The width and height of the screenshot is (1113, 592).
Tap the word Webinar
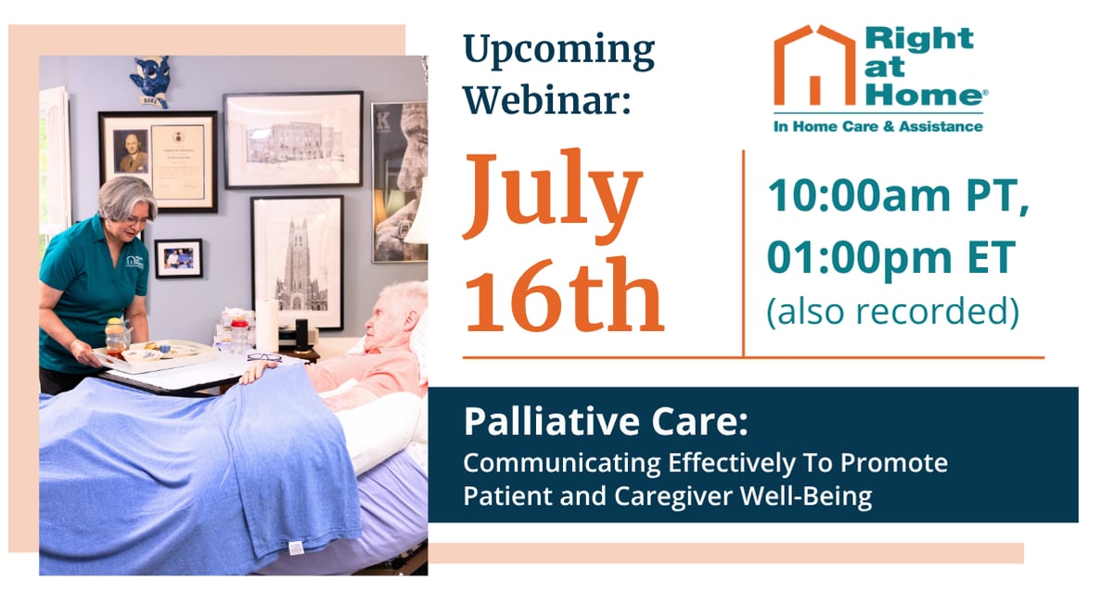pos(547,99)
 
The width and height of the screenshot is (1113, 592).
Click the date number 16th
pos(564,295)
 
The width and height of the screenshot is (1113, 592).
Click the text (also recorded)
pos(893,312)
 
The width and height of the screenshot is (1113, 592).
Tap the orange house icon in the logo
pos(815,65)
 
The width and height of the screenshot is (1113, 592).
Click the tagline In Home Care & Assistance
pos(878,127)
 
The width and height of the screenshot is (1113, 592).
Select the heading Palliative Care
pos(605,421)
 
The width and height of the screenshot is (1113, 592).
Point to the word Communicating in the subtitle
pos(562,464)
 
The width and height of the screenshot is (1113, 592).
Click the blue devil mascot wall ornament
pos(151,82)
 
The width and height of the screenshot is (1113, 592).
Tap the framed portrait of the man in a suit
pos(132,151)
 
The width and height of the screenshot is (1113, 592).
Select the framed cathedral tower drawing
pos(297,263)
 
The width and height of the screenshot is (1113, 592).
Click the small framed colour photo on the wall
pos(178,259)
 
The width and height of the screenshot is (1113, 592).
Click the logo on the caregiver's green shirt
pos(135,263)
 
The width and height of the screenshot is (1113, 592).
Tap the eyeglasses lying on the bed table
pos(264,357)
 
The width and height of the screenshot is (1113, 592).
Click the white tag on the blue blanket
pos(296,547)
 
